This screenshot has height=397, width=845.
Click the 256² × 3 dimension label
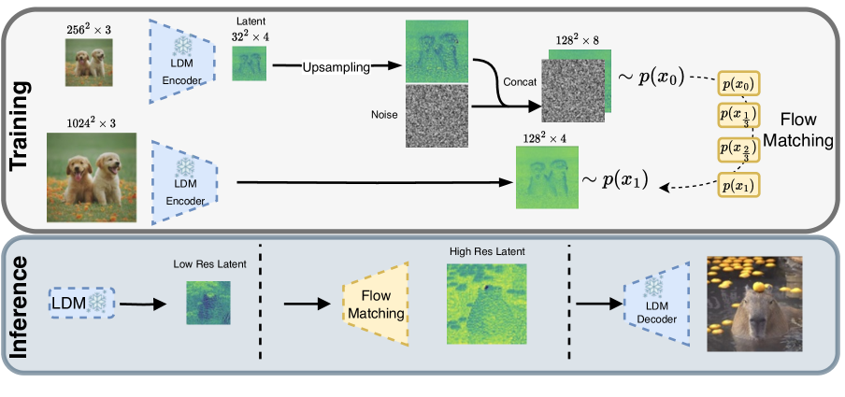click(90, 30)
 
